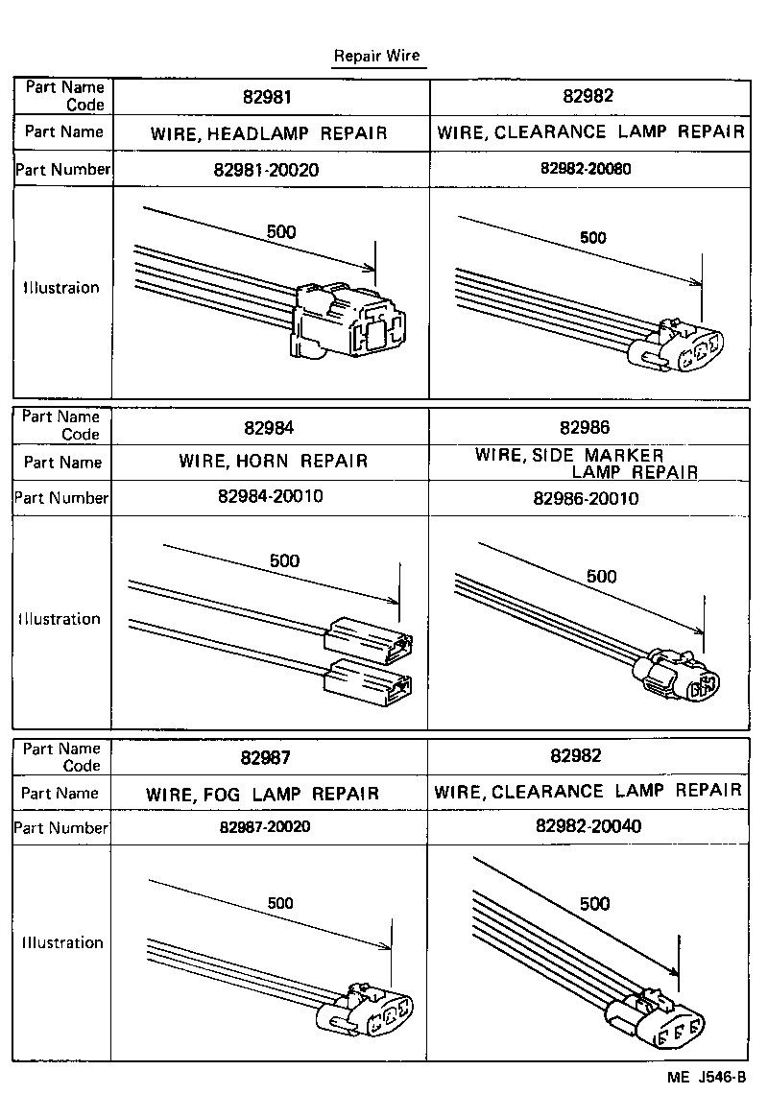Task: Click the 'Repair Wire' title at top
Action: pos(376,56)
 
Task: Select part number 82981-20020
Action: pos(270,170)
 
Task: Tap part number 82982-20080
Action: pos(586,168)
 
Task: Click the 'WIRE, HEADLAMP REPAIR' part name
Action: pos(269,133)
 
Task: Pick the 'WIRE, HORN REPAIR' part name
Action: pos(273,462)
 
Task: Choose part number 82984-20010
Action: pos(271,497)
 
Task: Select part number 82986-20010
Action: pos(586,499)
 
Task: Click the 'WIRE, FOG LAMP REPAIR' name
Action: pos(262,794)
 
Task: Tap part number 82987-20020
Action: pos(265,827)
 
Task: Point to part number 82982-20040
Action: pos(588,826)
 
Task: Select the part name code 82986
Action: pos(585,428)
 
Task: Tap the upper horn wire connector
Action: pos(370,640)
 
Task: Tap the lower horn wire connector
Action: pos(370,682)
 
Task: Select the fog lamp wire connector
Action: pos(372,1009)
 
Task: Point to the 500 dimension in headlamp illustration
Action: pos(282,231)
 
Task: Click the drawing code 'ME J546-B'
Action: pos(707,1077)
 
